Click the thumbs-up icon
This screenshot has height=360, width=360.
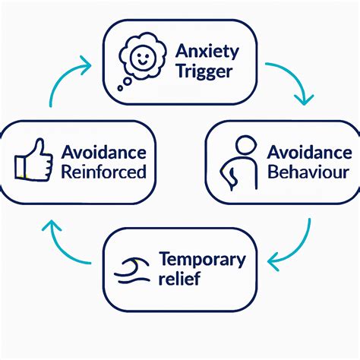[33, 159]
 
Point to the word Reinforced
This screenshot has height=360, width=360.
[103, 172]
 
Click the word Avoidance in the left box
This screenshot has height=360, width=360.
[103, 152]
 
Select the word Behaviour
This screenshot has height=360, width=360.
[308, 172]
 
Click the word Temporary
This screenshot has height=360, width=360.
[202, 259]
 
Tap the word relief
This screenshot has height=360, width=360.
[179, 279]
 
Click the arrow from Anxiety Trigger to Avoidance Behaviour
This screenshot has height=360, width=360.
[298, 86]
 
